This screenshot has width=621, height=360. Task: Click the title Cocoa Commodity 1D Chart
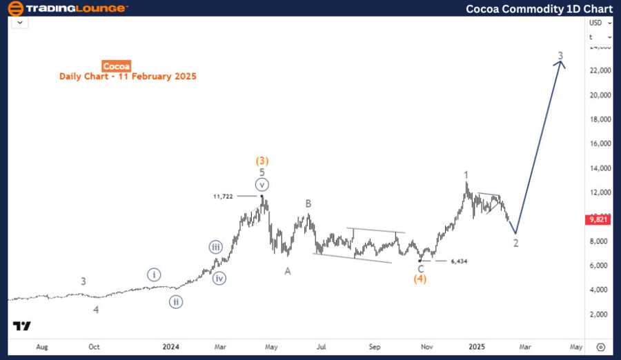click(x=539, y=9)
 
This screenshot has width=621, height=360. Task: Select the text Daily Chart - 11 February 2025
click(x=128, y=77)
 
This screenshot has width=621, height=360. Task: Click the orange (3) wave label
click(x=263, y=161)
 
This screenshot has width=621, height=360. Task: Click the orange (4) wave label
click(x=420, y=279)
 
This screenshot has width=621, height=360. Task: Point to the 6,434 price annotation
click(x=463, y=261)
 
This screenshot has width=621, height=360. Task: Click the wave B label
click(x=309, y=203)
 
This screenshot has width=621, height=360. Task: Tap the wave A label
click(x=288, y=271)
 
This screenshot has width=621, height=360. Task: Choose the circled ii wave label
click(x=177, y=301)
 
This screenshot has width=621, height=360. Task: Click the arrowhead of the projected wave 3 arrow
click(x=562, y=63)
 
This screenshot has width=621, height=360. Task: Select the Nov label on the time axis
click(x=427, y=347)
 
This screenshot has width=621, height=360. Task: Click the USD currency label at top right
click(x=595, y=23)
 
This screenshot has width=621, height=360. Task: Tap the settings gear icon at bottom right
click(x=601, y=347)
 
